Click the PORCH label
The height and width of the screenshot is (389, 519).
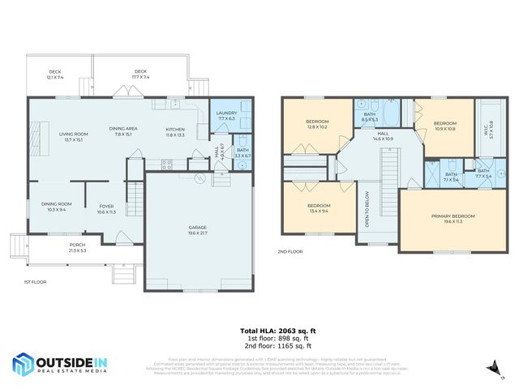pyautogui.click(x=77, y=247)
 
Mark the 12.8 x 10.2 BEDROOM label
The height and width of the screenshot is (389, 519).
pyautogui.click(x=317, y=123)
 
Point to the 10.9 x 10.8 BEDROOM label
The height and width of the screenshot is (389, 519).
pyautogui.click(x=445, y=126)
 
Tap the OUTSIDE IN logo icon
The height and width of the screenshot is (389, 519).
pyautogui.click(x=25, y=365)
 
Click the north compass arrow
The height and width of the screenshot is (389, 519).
pyautogui.click(x=491, y=370)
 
